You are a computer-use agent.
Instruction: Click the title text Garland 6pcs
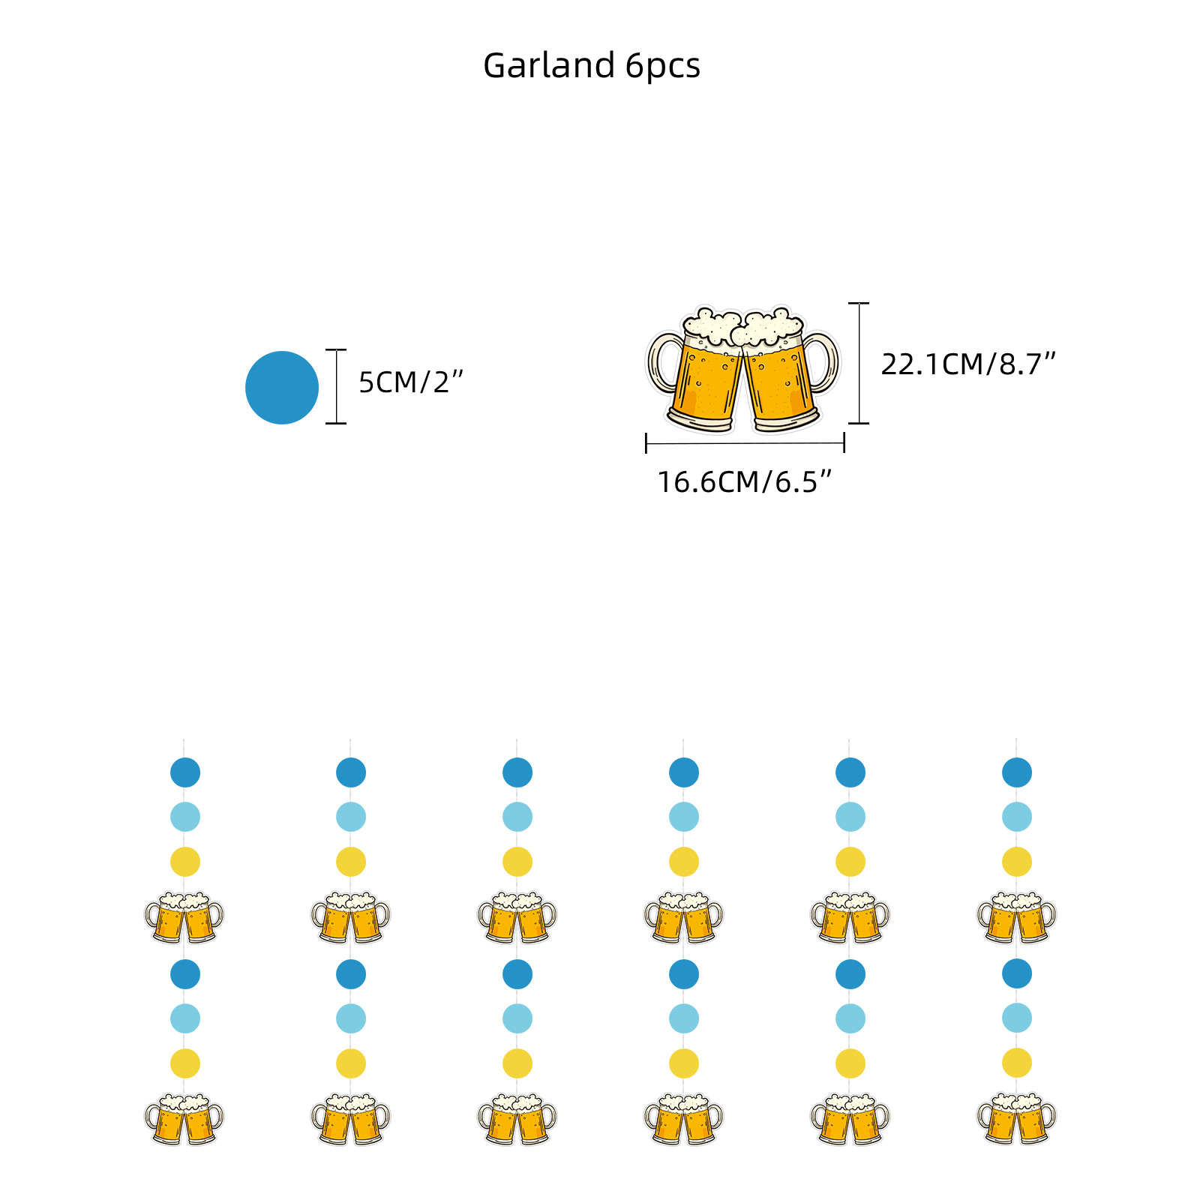[591, 66]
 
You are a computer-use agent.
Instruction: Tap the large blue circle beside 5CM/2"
[282, 387]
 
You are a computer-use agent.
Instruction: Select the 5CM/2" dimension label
[411, 382]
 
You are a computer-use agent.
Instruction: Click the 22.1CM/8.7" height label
[967, 364]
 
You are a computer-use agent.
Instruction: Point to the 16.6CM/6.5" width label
[745, 482]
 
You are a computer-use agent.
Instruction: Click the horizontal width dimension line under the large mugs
[745, 443]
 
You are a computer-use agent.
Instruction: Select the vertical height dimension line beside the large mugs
[859, 364]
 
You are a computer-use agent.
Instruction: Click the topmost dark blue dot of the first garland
[185, 772]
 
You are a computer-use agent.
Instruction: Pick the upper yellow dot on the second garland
[351, 862]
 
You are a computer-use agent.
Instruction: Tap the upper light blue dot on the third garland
[517, 817]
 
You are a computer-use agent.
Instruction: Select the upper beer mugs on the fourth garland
[683, 916]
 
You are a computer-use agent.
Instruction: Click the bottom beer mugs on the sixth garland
[1016, 1118]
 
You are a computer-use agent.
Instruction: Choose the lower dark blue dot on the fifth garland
[850, 974]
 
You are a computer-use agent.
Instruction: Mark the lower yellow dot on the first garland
[185, 1063]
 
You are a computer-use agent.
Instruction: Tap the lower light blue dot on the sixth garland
[1017, 1018]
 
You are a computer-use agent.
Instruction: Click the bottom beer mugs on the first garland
[184, 1119]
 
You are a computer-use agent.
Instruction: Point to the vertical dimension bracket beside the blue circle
[336, 387]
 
